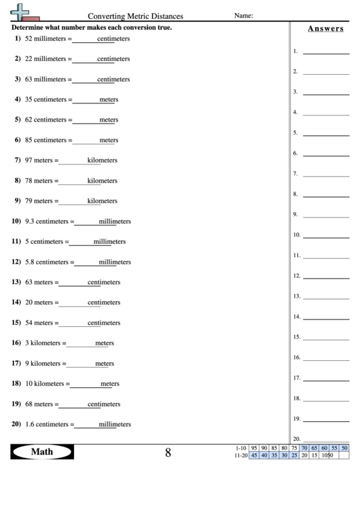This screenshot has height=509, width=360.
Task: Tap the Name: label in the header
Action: tap(243, 16)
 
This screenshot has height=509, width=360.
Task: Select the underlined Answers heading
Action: tap(325, 29)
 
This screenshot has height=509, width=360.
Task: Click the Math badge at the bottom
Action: tap(42, 452)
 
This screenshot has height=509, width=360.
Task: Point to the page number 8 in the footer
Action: tap(168, 453)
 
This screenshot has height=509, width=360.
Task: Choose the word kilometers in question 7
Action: tap(103, 160)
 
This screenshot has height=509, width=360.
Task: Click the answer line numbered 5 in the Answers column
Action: tap(326, 135)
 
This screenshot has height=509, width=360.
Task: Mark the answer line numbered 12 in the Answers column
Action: tap(326, 278)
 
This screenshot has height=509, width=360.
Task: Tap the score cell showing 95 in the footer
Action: tap(254, 448)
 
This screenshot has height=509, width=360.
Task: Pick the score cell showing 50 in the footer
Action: tap(344, 448)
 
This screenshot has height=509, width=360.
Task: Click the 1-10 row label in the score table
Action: tap(240, 448)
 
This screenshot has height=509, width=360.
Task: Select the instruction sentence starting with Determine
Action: tap(92, 28)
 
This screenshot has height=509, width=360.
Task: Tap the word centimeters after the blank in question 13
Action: tap(104, 283)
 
